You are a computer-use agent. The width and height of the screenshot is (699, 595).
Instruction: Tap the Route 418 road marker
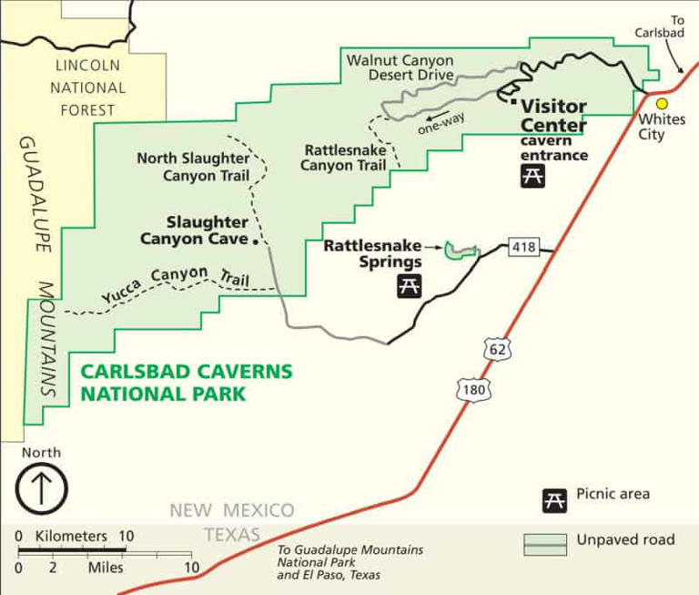[524, 246]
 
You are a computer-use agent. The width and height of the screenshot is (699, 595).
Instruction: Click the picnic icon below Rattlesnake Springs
[409, 286]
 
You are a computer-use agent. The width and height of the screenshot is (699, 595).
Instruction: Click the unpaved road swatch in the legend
[545, 543]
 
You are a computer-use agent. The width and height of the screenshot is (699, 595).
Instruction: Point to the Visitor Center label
[553, 116]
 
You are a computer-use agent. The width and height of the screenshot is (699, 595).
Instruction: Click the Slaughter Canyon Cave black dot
[256, 242]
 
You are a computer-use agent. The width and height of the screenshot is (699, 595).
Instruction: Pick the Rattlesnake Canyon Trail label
[344, 157]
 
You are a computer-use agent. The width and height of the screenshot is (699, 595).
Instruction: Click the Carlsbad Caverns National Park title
[187, 382]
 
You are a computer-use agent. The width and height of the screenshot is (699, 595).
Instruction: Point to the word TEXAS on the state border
[231, 534]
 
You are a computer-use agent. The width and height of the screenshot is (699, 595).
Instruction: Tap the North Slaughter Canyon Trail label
[193, 167]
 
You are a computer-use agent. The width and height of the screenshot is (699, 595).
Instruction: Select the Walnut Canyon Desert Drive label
[400, 67]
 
